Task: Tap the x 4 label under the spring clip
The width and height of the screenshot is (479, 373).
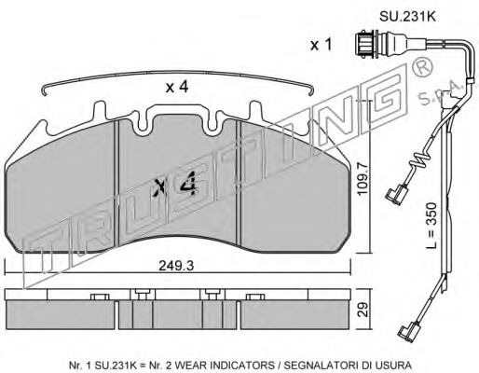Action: coord(177,87)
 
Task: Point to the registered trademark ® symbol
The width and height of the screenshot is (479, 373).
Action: coord(421,70)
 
